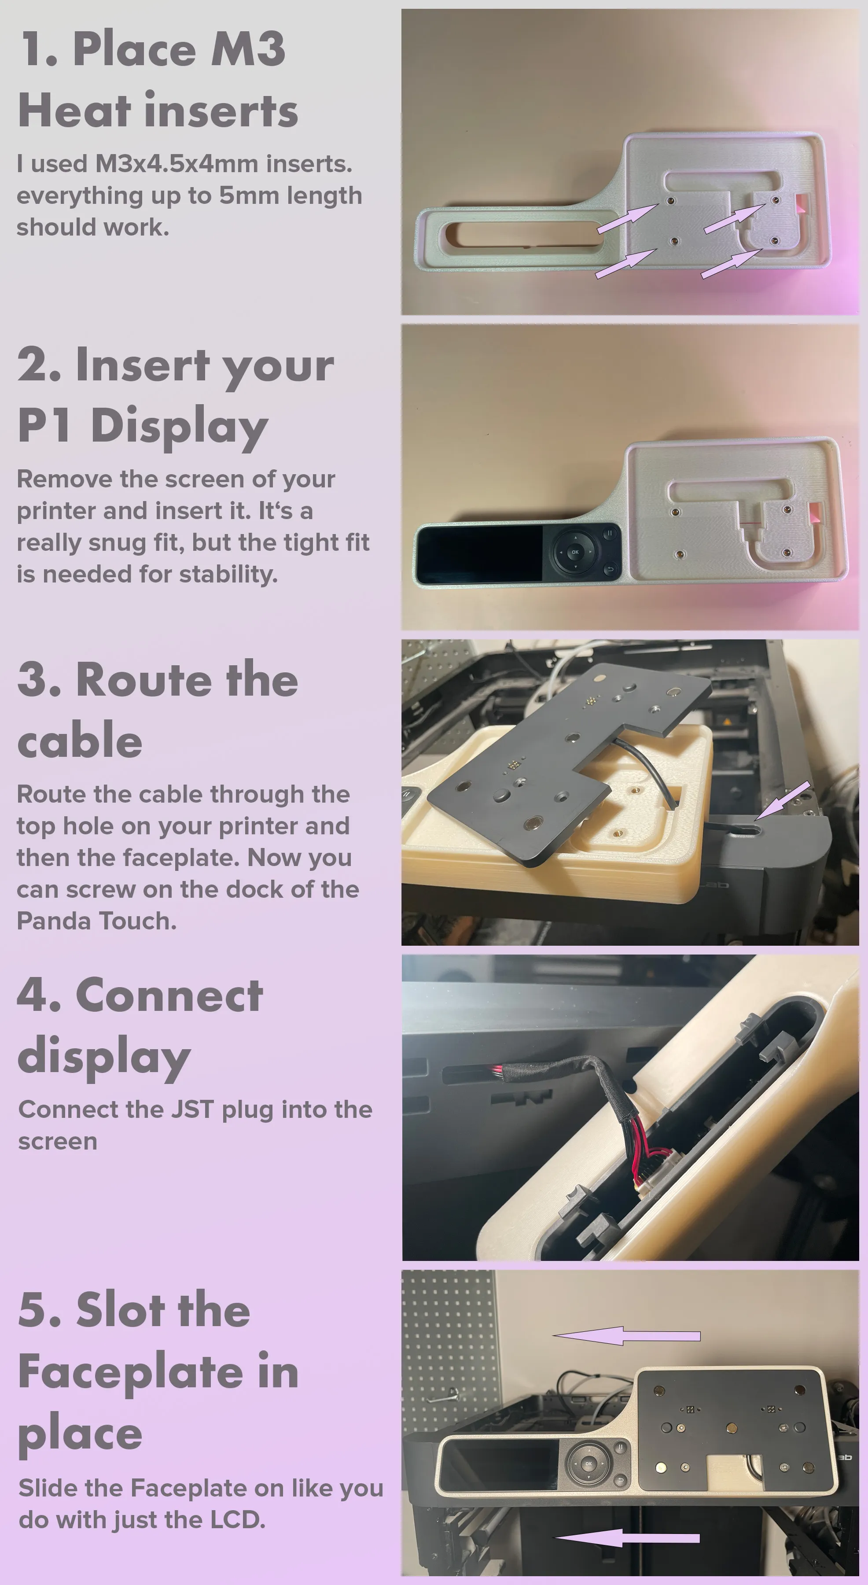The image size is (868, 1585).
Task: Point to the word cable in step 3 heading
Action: click(x=80, y=740)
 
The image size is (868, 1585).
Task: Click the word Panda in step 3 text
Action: click(x=54, y=921)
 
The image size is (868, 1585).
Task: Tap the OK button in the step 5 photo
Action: click(x=588, y=1464)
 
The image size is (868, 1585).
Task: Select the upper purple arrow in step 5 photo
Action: click(x=627, y=1336)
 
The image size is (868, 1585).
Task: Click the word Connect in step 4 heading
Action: click(x=169, y=995)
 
